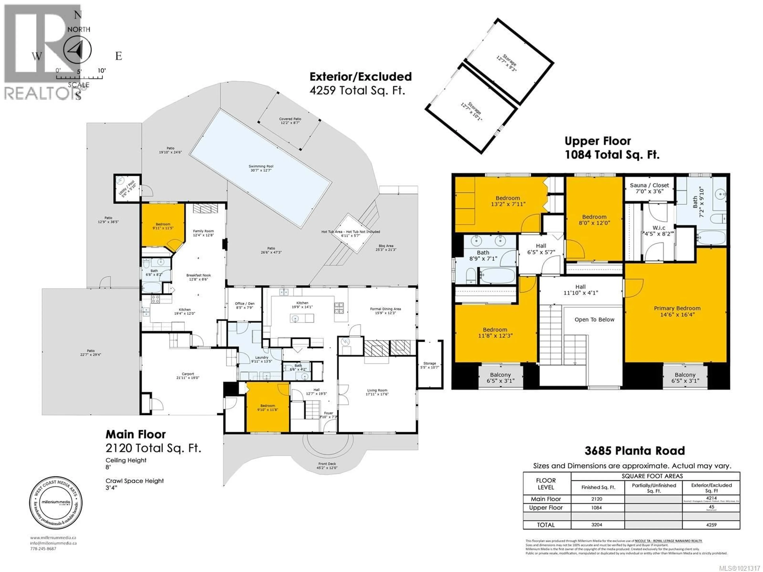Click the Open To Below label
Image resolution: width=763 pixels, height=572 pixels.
click(594, 320)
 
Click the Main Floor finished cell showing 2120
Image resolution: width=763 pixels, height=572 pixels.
click(596, 499)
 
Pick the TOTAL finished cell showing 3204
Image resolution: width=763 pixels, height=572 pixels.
click(596, 525)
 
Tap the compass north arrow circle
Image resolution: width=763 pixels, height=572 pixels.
click(78, 50)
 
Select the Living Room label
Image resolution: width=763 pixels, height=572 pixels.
click(377, 392)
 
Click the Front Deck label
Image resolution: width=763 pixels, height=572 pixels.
click(327, 466)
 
